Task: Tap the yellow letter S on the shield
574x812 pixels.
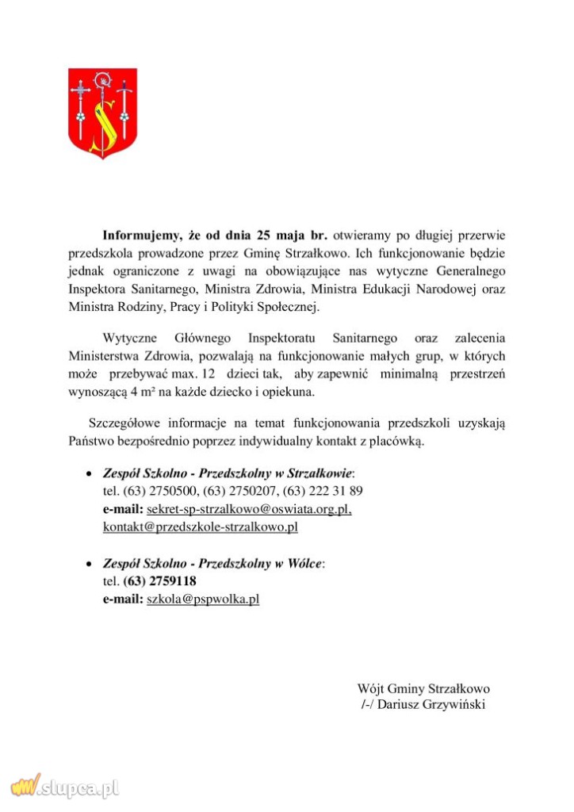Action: point(102,119)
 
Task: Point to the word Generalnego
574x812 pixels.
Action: point(471,270)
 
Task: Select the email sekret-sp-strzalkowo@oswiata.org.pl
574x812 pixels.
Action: point(249,508)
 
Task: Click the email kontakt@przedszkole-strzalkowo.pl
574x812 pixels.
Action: point(200,526)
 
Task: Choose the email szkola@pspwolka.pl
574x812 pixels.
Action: point(203,599)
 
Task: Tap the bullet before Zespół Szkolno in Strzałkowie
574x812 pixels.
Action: point(89,473)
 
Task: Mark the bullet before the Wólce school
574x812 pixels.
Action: point(89,564)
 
